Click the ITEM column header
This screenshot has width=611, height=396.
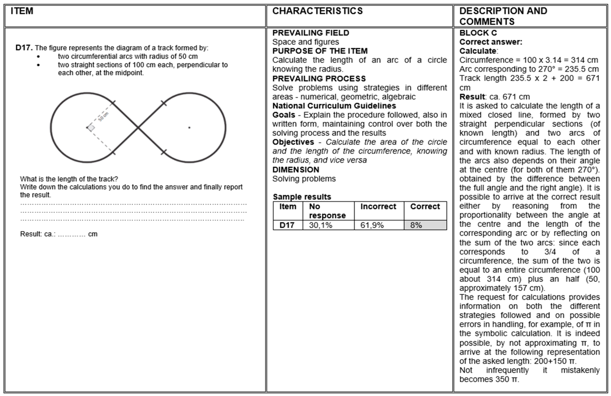(x=22, y=11)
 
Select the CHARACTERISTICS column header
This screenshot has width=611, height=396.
(x=317, y=11)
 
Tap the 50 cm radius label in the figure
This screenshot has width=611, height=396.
(x=104, y=117)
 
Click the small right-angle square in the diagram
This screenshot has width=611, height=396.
(x=91, y=128)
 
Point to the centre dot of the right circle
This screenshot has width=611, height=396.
(x=189, y=128)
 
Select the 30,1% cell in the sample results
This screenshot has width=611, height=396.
(x=321, y=225)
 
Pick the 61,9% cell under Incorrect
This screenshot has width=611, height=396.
(x=372, y=225)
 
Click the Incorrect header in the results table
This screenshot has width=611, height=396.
(x=378, y=206)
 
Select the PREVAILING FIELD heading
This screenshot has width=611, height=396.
(x=311, y=33)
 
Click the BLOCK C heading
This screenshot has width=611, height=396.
(x=478, y=33)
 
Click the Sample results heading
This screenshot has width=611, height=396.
(x=302, y=197)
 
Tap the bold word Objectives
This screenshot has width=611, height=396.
(x=293, y=142)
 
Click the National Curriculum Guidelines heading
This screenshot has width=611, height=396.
(x=334, y=106)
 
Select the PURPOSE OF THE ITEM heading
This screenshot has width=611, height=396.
(x=320, y=51)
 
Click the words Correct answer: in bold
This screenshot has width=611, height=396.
(x=491, y=42)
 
